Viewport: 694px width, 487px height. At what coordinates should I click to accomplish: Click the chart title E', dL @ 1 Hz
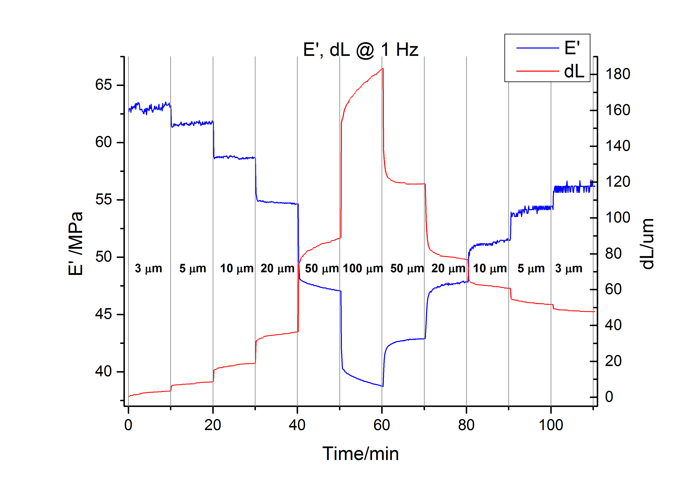[x=360, y=50]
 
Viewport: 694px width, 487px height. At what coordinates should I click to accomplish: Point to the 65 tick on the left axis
[x=103, y=85]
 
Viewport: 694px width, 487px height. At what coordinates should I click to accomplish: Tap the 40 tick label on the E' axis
[x=103, y=372]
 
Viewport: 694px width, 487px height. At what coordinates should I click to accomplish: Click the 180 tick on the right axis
[x=617, y=74]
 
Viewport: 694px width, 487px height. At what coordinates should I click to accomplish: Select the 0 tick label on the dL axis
[x=609, y=397]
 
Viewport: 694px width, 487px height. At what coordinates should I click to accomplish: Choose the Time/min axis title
[x=360, y=454]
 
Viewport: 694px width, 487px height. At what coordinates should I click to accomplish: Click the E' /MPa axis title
[x=76, y=244]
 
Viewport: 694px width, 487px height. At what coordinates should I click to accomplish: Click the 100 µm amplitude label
[x=363, y=268]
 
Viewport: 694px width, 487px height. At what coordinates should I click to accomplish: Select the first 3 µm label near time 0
[x=148, y=268]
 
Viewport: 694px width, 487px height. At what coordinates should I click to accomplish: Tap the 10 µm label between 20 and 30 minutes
[x=237, y=268]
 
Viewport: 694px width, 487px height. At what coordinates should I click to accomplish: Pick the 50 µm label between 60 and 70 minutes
[x=407, y=268]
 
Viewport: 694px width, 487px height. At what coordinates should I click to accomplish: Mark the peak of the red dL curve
[x=383, y=69]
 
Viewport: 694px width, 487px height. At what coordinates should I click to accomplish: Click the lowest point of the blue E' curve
[x=383, y=386]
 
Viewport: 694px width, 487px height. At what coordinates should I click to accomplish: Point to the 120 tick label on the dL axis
[x=617, y=182]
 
